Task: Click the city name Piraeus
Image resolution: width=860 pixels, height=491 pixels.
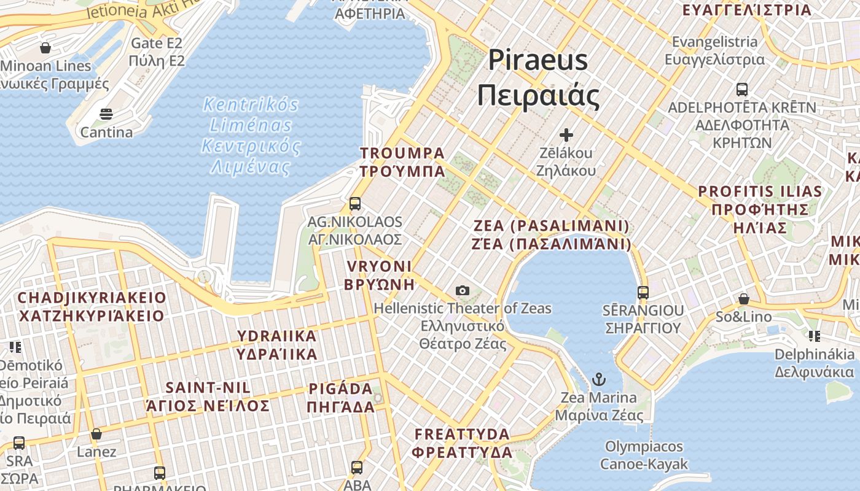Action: click(538, 61)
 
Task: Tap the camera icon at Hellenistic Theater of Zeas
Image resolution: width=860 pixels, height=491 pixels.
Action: click(463, 290)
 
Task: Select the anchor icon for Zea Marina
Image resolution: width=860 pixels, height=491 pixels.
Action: click(599, 379)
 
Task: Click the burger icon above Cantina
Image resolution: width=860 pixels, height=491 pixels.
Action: click(106, 114)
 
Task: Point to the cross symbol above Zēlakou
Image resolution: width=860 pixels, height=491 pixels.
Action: click(566, 134)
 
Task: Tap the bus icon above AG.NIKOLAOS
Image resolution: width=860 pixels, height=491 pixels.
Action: click(355, 204)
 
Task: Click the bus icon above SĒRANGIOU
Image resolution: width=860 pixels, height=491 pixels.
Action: click(643, 293)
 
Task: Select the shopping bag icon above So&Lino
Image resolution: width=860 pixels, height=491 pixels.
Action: click(743, 300)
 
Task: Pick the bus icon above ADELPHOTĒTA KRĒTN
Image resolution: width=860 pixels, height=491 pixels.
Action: click(742, 90)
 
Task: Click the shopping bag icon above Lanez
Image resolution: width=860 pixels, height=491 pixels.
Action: click(96, 435)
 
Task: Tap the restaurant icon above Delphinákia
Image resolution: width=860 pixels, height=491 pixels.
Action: click(814, 336)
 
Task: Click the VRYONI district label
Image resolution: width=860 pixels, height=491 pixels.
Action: click(379, 275)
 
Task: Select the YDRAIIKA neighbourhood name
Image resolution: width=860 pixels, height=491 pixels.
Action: click(277, 345)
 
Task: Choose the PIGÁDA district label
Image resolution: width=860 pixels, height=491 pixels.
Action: click(342, 398)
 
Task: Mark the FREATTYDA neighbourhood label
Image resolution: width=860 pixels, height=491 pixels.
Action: click(462, 443)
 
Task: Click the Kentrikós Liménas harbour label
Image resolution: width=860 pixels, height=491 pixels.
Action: click(251, 136)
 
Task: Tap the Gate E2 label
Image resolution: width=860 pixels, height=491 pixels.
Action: click(157, 52)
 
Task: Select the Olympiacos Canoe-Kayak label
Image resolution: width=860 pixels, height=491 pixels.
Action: click(644, 455)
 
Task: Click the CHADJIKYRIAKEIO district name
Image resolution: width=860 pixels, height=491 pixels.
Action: click(92, 307)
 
